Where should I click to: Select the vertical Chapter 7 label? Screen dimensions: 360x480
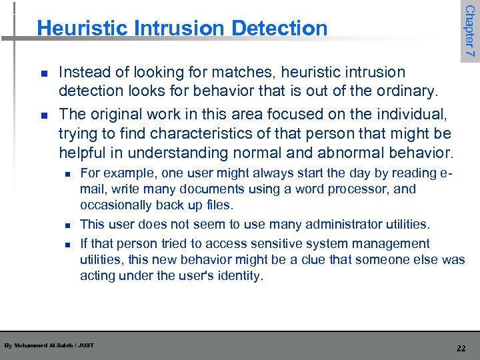(469, 31)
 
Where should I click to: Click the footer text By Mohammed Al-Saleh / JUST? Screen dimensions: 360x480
(49, 345)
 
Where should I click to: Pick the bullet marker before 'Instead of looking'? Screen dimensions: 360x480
(43, 73)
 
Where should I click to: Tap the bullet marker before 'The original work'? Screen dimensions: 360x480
(43, 115)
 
